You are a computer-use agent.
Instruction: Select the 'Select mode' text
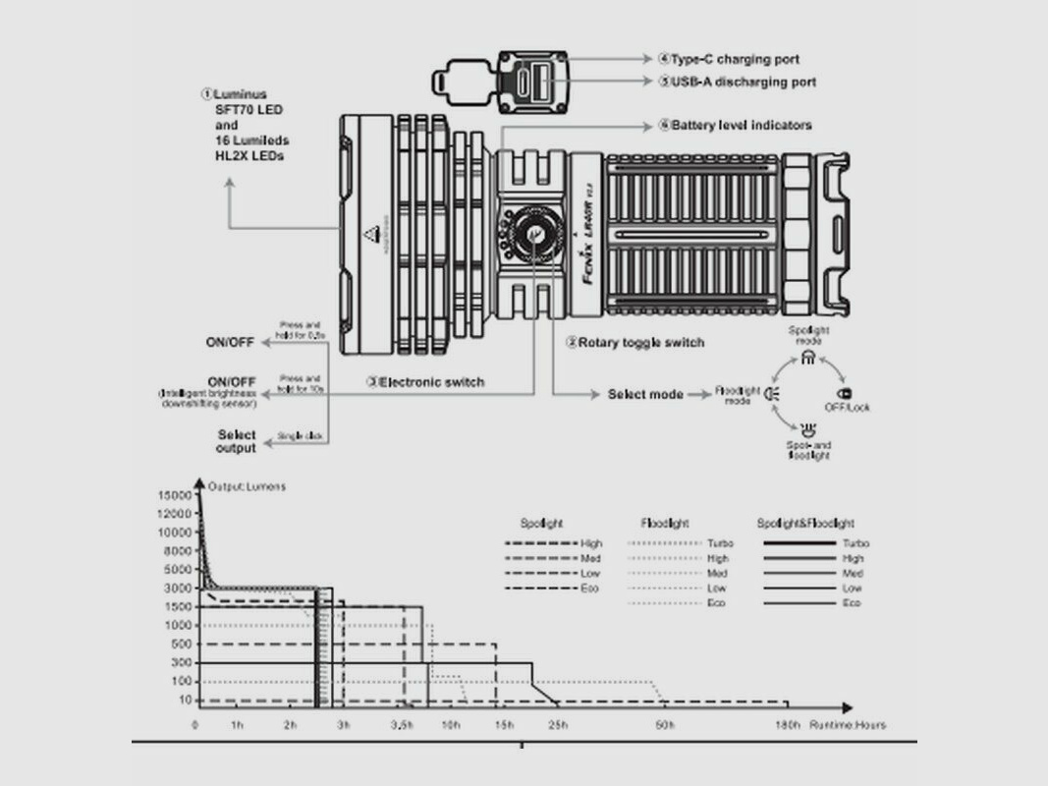click(644, 394)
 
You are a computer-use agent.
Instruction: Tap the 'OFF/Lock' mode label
click(846, 407)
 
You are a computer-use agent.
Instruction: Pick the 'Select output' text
click(236, 441)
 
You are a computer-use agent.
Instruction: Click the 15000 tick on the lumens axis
click(177, 495)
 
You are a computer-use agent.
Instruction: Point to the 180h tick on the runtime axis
click(787, 725)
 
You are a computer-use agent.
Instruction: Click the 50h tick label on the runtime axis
click(665, 725)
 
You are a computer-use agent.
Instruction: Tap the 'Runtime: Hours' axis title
click(847, 725)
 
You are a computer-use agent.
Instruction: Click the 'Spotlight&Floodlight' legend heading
click(805, 524)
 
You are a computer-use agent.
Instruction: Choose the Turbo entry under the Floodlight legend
click(719, 543)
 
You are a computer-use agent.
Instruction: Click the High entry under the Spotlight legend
click(591, 543)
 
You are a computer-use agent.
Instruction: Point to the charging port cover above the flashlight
click(460, 81)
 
